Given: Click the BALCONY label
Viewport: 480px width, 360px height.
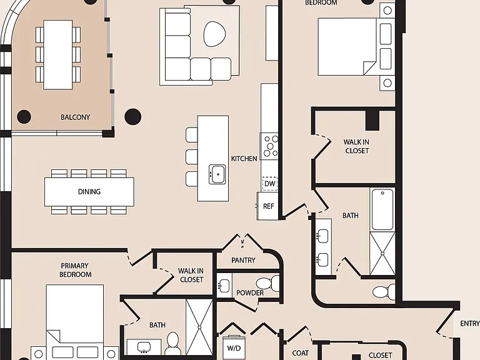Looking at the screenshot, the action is (x=75, y=117).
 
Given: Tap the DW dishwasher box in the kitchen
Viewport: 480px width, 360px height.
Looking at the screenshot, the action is (x=270, y=184).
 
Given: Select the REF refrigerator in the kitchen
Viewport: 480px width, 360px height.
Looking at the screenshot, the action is (x=267, y=206).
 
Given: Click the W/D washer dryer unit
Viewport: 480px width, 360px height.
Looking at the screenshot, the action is (x=234, y=347).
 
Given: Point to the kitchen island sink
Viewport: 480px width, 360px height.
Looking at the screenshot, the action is (x=217, y=174).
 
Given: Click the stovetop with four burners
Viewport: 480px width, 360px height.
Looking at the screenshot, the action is (x=269, y=146).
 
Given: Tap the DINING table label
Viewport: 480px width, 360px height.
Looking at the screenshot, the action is (x=89, y=192).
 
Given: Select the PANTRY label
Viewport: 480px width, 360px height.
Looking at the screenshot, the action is (x=243, y=260).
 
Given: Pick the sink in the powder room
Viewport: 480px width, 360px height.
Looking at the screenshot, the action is (x=224, y=286).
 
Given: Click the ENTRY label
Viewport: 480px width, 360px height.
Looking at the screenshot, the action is (x=469, y=324).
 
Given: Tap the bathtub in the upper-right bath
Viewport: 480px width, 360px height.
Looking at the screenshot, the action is (x=382, y=209).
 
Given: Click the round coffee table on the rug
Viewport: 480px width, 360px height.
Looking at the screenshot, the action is (x=214, y=34).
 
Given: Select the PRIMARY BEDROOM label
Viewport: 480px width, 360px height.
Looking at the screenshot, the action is (x=75, y=270).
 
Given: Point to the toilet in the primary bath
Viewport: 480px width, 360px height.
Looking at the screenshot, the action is (x=172, y=344).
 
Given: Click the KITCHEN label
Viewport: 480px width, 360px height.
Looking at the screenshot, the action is (x=244, y=159).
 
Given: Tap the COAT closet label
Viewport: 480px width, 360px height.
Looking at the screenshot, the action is (x=300, y=353).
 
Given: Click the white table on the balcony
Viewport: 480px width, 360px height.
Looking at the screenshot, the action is (x=58, y=55).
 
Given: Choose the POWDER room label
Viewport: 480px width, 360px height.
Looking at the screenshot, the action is (x=250, y=293).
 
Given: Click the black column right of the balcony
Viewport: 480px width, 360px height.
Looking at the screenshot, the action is (x=133, y=117).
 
